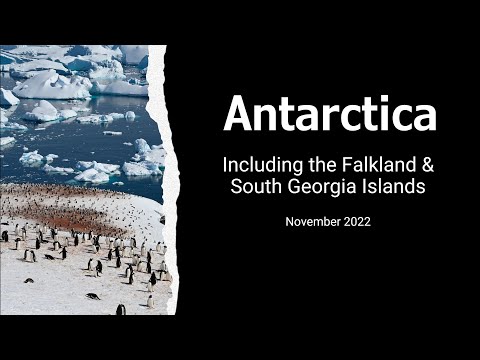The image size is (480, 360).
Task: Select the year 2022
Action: [355, 221]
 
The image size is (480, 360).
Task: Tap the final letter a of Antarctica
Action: [425, 116]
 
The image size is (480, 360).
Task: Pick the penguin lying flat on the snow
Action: [92, 296]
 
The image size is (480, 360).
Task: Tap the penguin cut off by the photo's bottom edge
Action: [121, 310]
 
